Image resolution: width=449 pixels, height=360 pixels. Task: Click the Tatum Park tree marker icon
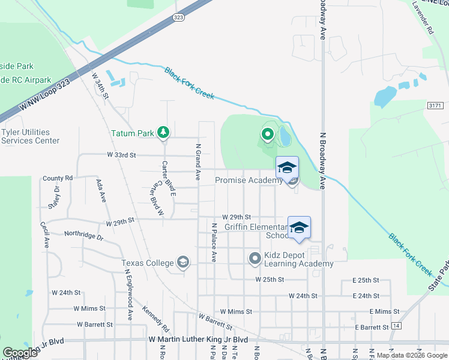click(x=163, y=132)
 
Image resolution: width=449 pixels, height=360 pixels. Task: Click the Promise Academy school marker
click(x=287, y=167)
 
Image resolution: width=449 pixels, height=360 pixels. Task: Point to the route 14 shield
click(x=396, y=325)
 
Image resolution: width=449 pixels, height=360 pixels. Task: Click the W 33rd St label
click(x=121, y=155)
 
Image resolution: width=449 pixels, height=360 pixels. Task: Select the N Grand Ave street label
click(x=197, y=161)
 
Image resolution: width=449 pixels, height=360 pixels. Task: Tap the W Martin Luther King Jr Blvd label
click(x=198, y=340)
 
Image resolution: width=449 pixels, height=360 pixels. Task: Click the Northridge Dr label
click(x=84, y=235)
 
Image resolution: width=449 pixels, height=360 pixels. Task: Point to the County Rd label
click(x=57, y=178)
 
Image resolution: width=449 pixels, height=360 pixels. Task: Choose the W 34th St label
click(x=100, y=86)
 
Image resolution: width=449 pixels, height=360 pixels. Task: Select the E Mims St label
click(x=384, y=311)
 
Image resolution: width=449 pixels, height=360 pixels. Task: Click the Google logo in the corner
click(x=20, y=353)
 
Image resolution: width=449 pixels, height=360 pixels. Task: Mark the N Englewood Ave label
click(x=128, y=293)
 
